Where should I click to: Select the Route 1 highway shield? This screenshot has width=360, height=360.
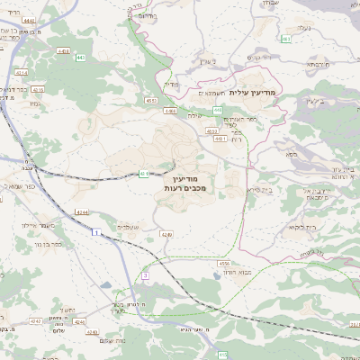pos(94,232)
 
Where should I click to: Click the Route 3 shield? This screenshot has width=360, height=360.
pos(144,274)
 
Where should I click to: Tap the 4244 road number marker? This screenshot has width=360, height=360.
pos(83,212)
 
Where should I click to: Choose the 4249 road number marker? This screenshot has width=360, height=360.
pos(166,234)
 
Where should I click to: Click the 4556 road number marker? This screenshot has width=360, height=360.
pos(223,263)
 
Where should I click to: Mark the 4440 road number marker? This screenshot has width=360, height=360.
pos(28,19)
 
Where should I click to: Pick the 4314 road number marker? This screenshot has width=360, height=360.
pos(22,72)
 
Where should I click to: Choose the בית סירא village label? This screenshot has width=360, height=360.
pos(257,191)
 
